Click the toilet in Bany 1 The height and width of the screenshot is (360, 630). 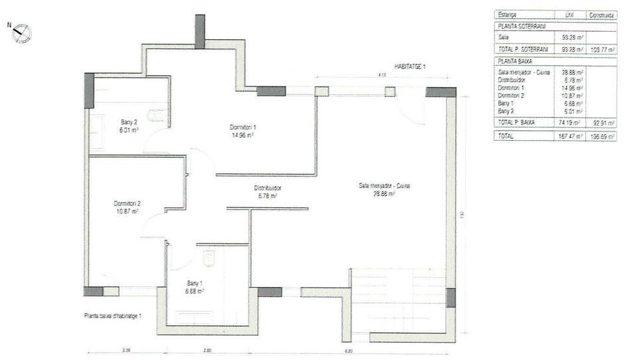(209, 256)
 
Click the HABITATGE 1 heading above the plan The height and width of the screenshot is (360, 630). (409, 66)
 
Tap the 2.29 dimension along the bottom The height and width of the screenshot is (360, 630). (126, 351)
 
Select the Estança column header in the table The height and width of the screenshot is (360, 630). (507, 14)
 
